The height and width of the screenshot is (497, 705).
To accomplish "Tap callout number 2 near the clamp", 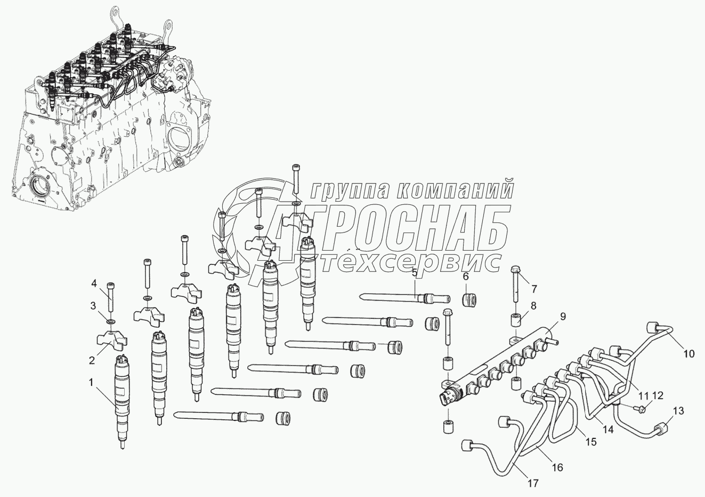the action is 92,360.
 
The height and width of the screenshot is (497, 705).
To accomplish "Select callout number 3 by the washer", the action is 93,305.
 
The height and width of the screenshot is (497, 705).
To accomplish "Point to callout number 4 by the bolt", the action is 93,283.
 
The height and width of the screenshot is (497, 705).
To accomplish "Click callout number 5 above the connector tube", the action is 414,273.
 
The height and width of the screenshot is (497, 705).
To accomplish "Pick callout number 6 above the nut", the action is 465,277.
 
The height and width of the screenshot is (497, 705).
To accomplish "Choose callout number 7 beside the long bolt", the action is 533,289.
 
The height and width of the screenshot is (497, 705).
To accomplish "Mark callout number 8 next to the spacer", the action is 533,306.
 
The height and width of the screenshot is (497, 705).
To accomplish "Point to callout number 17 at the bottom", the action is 532,483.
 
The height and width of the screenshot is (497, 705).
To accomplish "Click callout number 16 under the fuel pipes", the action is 557,468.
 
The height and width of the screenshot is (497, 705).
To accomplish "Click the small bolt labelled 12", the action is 642,409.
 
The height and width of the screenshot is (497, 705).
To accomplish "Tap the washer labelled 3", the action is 110,322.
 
